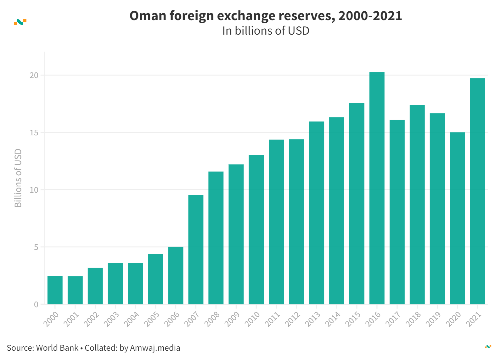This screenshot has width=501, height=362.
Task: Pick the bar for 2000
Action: pos(55,290)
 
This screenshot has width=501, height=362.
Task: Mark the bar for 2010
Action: pos(256,229)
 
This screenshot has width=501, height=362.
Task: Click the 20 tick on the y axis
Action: pos(34,76)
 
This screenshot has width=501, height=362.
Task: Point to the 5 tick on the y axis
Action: pos(36,247)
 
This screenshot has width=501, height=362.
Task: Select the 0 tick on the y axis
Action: pos(36,304)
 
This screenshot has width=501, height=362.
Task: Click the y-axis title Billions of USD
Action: pos(18,178)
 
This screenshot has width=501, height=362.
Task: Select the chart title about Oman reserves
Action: pos(266,16)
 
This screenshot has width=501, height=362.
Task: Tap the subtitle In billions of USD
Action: pos(266,31)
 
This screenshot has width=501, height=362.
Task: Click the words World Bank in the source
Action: pos(57,348)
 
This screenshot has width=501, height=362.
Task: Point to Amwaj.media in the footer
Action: pos(155,348)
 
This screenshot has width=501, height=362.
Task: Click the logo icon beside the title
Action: pos(20,22)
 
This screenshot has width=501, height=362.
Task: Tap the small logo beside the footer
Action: pos(488,347)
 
